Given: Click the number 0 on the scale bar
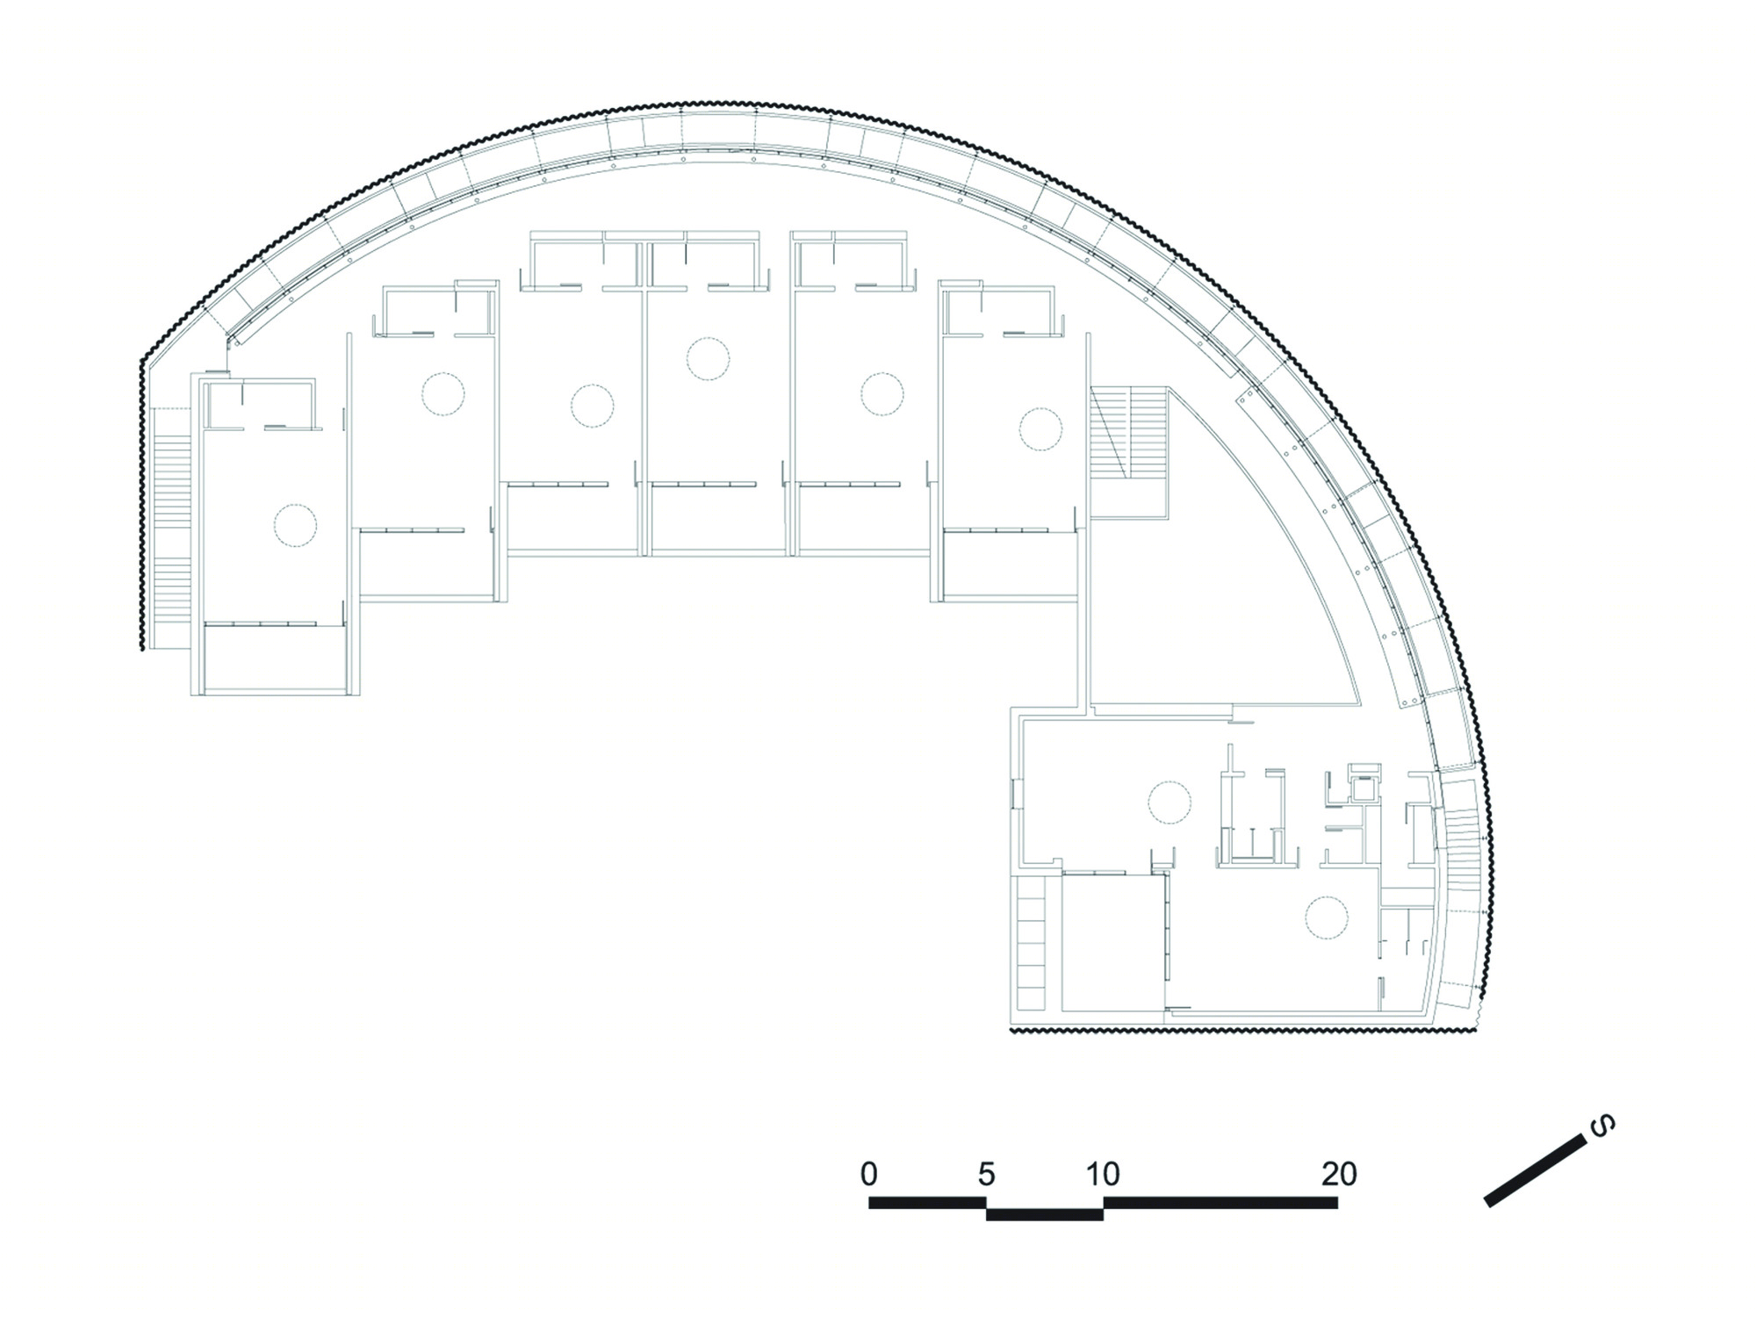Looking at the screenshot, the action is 868,1174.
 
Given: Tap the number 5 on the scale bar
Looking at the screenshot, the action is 986,1174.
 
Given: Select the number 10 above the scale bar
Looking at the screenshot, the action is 1103,1174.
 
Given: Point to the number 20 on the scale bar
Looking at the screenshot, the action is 1338,1174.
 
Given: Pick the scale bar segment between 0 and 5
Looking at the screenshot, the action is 927,1203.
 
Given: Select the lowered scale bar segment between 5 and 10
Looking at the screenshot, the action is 1045,1214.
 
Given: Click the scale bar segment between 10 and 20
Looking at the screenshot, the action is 1220,1203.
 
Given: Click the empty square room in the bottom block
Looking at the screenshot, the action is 1114,942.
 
